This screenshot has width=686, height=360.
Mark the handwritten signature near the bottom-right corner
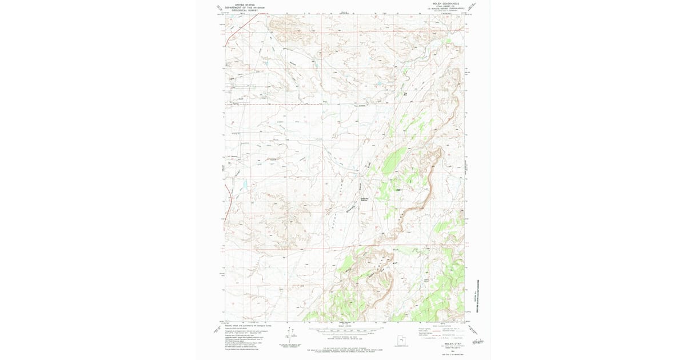474,341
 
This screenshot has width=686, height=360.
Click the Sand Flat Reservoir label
363,199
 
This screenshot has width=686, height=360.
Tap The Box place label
405,94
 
